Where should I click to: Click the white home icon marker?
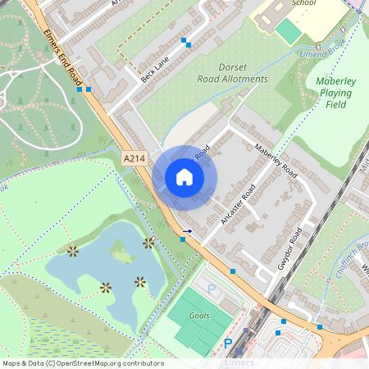pyautogui.click(x=184, y=176)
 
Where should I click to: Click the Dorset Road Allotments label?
pyautogui.click(x=232, y=73)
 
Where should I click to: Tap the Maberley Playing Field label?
pyautogui.click(x=334, y=93)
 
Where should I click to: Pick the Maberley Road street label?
pyautogui.click(x=275, y=160)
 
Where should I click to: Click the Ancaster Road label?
pyautogui.click(x=239, y=205)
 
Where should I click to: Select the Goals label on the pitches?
pyautogui.click(x=199, y=315)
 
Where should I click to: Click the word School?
pyautogui.click(x=304, y=3)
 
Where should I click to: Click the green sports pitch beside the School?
pyautogui.click(x=288, y=32)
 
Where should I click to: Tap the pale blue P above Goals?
pyautogui.click(x=211, y=289)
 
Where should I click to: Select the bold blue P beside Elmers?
pyautogui.click(x=228, y=344)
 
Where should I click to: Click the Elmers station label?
pyautogui.click(x=239, y=362)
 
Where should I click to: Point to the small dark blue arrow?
pyautogui.click(x=187, y=232)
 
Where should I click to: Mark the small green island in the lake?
pyautogui.click(x=121, y=255)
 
